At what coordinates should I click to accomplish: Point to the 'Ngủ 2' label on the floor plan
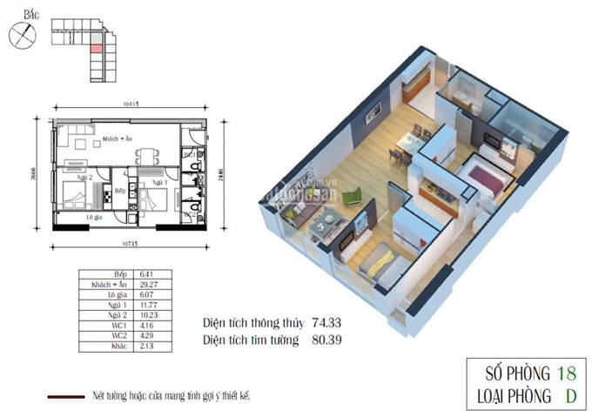[x=83, y=178]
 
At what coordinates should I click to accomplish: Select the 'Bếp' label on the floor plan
[x=121, y=191]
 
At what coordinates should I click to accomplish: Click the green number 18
[x=566, y=374]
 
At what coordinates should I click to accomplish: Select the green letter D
[x=571, y=398]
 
